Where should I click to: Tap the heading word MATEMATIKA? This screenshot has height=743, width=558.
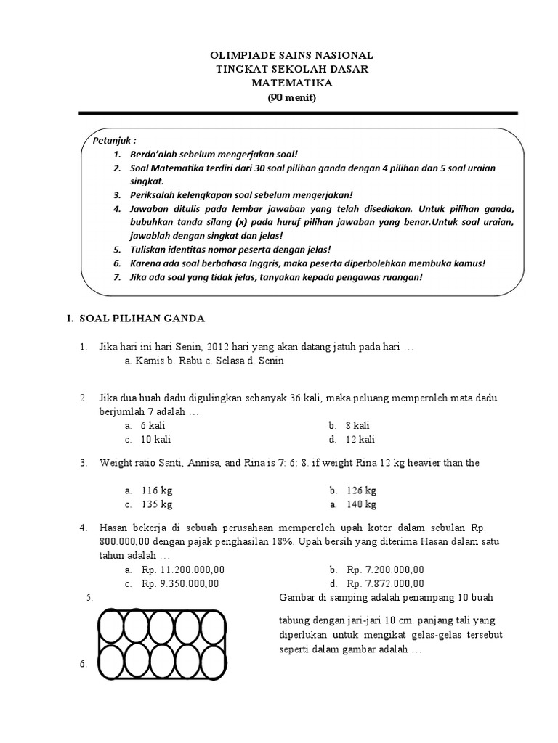click(x=291, y=83)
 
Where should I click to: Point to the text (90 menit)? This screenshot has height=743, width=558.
click(x=291, y=97)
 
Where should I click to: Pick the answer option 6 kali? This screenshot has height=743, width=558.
click(x=153, y=426)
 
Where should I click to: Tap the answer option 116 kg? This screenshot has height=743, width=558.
click(x=157, y=490)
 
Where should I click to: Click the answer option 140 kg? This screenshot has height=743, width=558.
click(x=362, y=504)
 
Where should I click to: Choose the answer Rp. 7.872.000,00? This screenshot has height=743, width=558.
click(x=385, y=583)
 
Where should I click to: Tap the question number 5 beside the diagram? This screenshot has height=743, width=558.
click(x=89, y=598)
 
